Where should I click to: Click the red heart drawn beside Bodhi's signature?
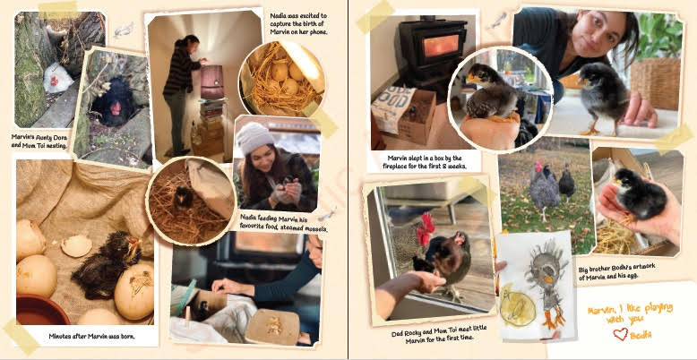click(x=620, y=334)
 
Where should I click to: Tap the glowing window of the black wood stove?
click(x=440, y=45)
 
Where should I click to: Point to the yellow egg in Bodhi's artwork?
click(x=518, y=306)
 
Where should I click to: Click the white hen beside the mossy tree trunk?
click(x=57, y=79)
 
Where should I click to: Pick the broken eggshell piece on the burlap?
click(x=77, y=245)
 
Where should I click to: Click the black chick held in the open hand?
click(x=639, y=194)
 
